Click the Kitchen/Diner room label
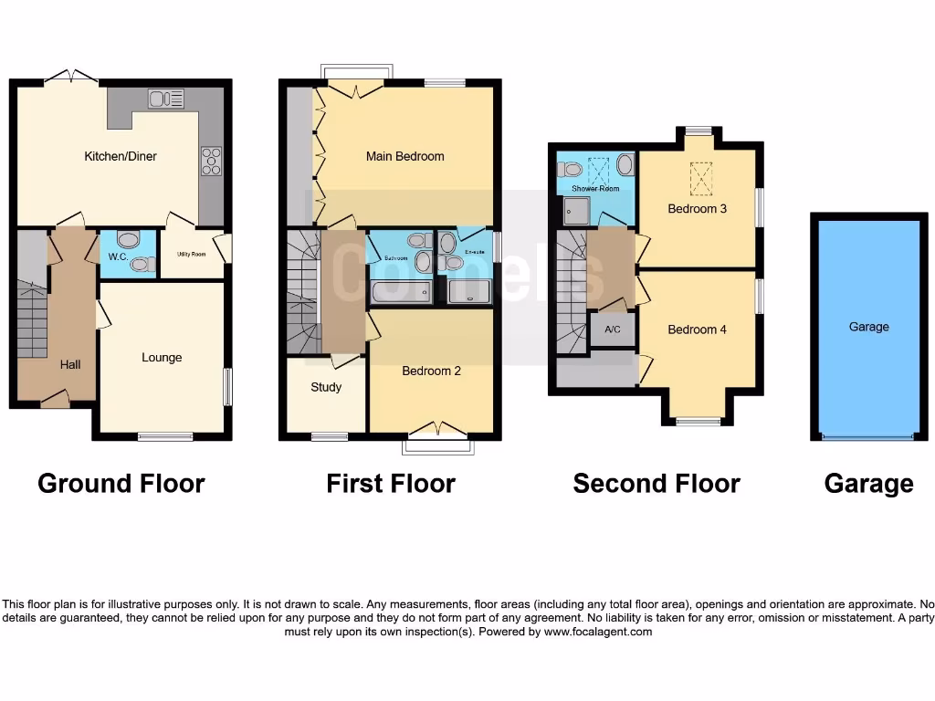(x=121, y=156)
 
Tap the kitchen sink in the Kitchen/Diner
(x=165, y=99)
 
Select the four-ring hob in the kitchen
(x=211, y=161)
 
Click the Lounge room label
(x=162, y=357)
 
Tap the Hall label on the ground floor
(x=70, y=364)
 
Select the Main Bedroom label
(x=404, y=156)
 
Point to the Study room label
(x=326, y=387)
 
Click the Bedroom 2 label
(x=432, y=371)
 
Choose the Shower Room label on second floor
(x=595, y=189)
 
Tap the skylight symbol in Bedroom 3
(x=701, y=178)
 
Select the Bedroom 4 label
(x=697, y=330)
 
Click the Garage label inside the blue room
(x=867, y=327)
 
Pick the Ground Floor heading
(x=121, y=483)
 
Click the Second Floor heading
(x=656, y=483)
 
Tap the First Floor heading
(x=391, y=483)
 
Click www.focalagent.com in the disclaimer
(x=598, y=632)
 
